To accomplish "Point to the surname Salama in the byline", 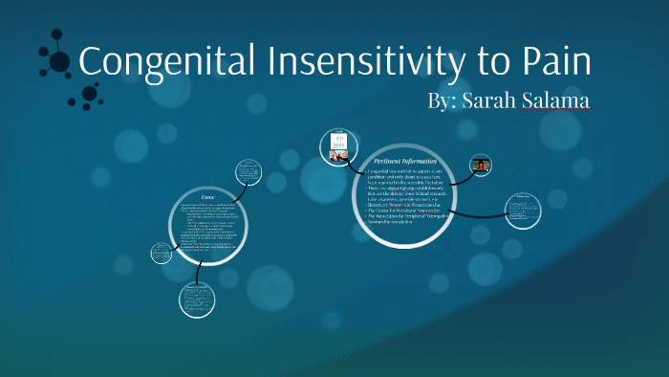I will point(557,101).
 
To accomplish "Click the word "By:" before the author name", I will point(442,101).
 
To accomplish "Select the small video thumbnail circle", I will point(479,165).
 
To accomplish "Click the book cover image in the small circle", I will point(337,145).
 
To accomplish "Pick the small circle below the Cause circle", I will point(198,299).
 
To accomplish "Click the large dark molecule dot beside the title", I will point(59,62).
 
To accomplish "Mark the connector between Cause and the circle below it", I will point(202,273).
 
